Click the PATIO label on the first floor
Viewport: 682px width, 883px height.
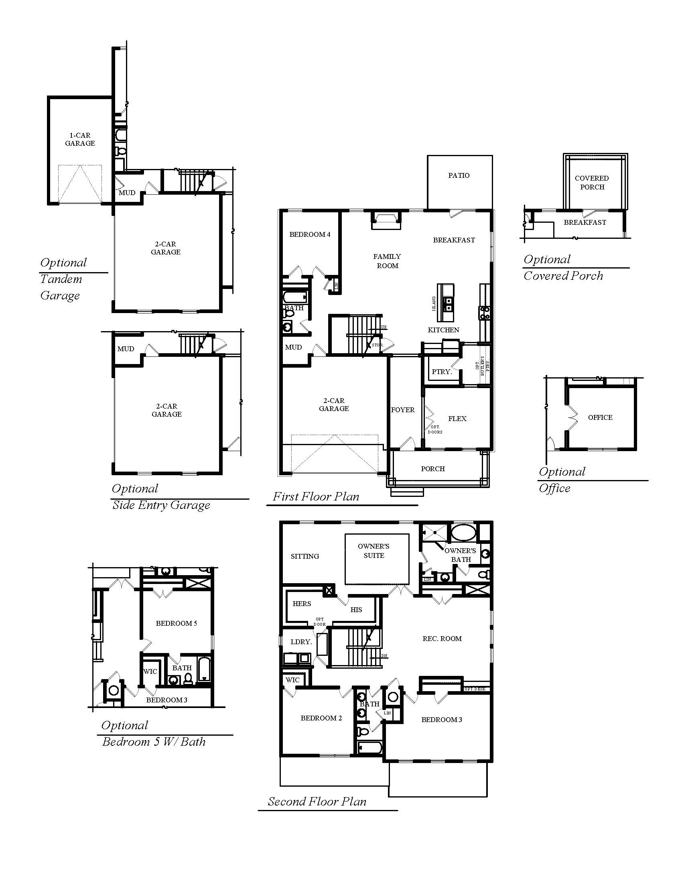[459, 175]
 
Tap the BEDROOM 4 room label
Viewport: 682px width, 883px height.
[310, 234]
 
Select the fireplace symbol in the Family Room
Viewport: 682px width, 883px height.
[386, 220]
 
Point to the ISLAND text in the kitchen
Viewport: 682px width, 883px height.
[434, 304]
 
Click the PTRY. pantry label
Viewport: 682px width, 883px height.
[441, 372]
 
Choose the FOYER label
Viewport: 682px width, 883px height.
[403, 410]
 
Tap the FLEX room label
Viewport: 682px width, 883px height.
[457, 419]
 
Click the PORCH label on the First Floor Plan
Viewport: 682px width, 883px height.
[433, 469]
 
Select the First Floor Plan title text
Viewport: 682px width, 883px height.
[316, 496]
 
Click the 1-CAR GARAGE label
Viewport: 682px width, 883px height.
[80, 139]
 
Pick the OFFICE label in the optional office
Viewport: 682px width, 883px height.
[600, 418]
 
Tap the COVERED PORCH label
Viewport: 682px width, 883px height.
[592, 183]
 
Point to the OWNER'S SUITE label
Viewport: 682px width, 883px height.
[374, 551]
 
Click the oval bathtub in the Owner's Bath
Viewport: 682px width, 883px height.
[463, 533]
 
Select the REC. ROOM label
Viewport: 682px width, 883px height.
[442, 639]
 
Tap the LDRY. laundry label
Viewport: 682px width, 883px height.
[301, 642]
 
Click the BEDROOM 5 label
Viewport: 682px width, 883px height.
[177, 623]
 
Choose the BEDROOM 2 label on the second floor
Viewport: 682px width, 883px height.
[321, 718]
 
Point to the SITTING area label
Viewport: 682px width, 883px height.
[305, 556]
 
